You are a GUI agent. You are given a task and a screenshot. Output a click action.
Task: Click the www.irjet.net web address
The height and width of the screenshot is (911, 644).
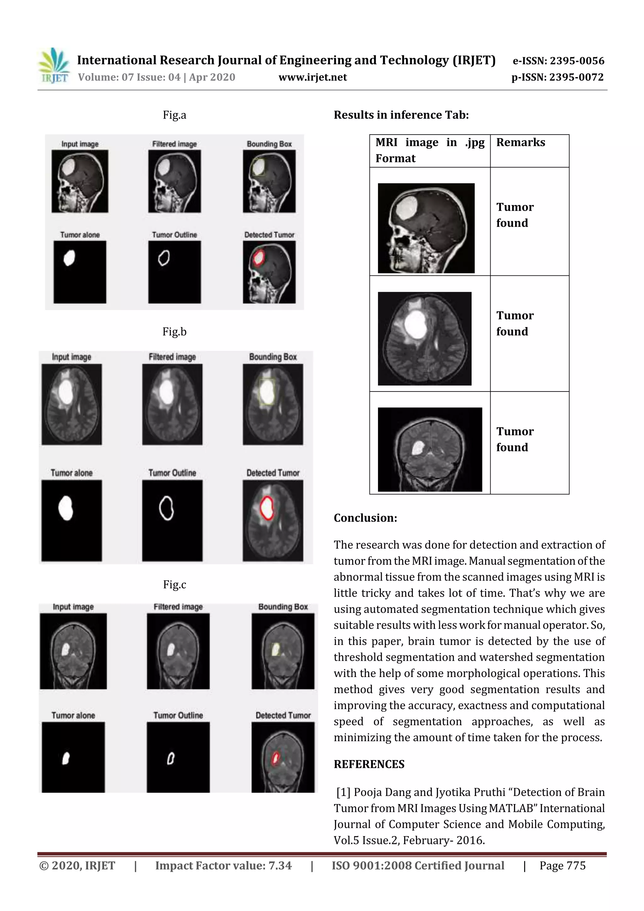[313, 77]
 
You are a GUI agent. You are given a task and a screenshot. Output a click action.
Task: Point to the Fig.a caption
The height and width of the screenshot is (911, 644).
[174, 115]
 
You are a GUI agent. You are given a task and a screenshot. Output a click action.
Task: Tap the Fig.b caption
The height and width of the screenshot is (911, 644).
[174, 331]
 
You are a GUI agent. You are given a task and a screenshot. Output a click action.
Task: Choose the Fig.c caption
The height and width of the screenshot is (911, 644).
[174, 585]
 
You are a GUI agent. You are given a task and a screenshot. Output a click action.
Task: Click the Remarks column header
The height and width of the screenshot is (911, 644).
[521, 142]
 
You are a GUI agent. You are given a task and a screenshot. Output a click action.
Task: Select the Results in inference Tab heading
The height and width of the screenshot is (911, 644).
[401, 115]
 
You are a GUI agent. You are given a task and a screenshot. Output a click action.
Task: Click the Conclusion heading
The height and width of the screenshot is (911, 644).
[365, 518]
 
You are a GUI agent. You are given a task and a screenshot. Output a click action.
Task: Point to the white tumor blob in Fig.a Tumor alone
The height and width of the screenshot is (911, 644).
[69, 258]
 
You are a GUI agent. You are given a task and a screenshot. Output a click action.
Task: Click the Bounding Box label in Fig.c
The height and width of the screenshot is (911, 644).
[283, 607]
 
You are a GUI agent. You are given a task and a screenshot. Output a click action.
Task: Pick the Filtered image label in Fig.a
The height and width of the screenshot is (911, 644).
[174, 144]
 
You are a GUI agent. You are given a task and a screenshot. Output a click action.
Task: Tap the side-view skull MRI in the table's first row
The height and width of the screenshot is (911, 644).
[426, 228]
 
